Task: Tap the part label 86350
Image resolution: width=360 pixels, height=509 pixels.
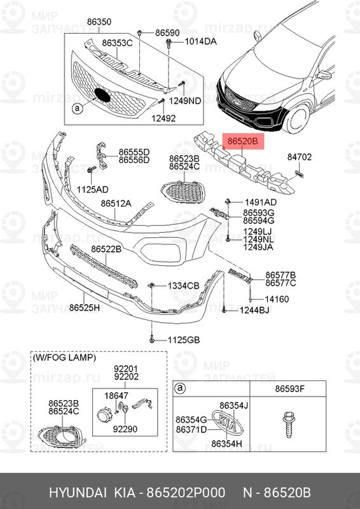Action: (99, 22)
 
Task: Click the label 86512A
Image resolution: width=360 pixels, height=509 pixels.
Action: (116, 204)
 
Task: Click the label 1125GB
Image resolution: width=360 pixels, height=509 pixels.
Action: (183, 340)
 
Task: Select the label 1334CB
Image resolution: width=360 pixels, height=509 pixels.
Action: (184, 286)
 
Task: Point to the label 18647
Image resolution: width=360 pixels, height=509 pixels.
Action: (116, 395)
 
